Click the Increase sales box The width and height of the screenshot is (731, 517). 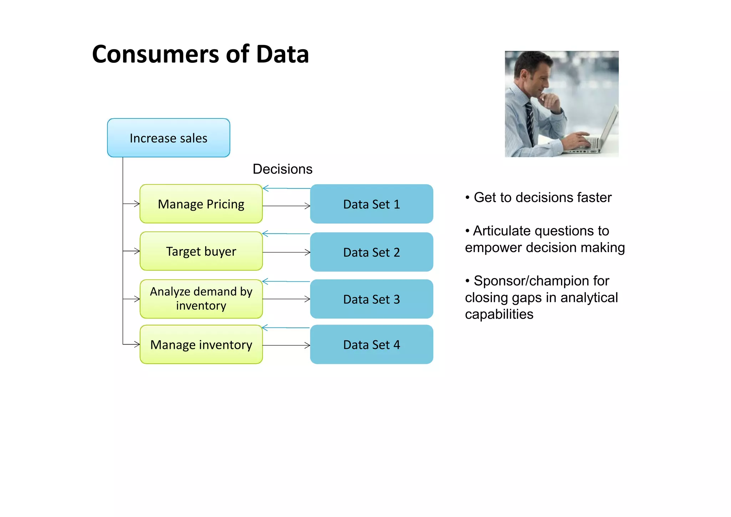click(x=168, y=138)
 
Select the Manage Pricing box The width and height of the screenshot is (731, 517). click(x=201, y=204)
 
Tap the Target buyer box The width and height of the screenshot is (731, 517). click(x=201, y=251)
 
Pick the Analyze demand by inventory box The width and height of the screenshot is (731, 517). click(x=201, y=299)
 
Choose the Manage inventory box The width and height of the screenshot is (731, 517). click(x=201, y=345)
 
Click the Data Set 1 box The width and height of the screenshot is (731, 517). click(x=372, y=204)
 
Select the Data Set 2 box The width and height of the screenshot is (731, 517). click(x=372, y=252)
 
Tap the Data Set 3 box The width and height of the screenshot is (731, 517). click(x=372, y=299)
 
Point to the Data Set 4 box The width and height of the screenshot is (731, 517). click(x=372, y=345)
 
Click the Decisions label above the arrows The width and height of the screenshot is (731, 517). click(x=282, y=169)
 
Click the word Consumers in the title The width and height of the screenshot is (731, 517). click(x=155, y=54)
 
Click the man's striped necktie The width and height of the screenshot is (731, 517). click(x=530, y=121)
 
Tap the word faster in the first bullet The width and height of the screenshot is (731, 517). click(x=594, y=197)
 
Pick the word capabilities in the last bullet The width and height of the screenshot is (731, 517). click(x=499, y=315)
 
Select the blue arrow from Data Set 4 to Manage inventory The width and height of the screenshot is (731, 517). click(x=286, y=327)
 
